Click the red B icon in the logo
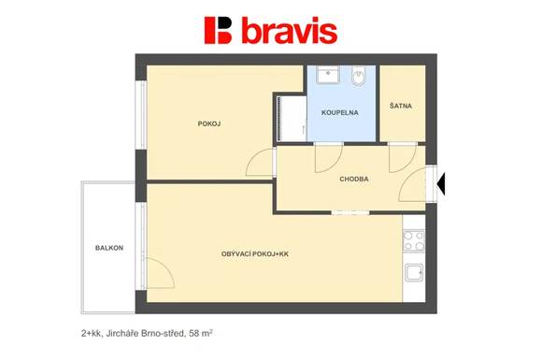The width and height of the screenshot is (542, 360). (219, 30)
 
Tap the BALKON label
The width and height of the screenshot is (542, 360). (109, 248)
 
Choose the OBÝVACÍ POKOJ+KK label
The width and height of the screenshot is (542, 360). (255, 254)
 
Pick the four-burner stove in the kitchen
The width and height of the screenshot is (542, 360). (414, 241)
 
